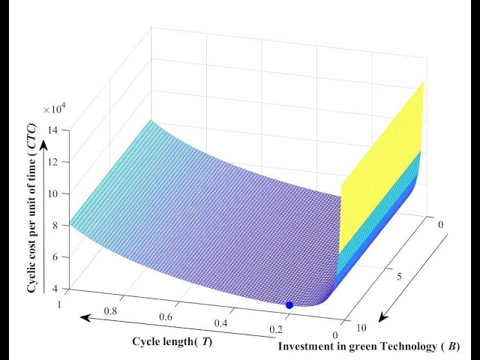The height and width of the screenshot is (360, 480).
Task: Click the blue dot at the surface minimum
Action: (x=289, y=304)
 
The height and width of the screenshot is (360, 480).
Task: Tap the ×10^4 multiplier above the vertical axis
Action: (x=55, y=109)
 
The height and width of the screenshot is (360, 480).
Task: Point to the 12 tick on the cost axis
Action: (x=55, y=162)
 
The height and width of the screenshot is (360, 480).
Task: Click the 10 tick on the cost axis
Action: (x=55, y=193)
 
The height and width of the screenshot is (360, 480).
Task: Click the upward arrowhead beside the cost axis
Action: (x=44, y=146)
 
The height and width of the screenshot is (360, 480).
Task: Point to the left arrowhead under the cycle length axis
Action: (x=81, y=318)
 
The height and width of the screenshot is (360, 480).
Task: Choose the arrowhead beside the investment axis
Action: (x=382, y=318)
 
